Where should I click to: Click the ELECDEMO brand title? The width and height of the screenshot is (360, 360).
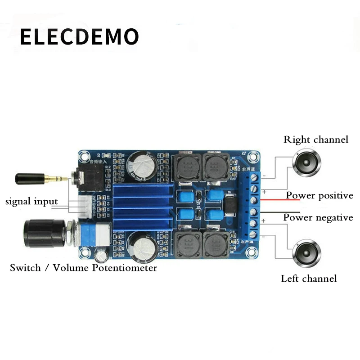[79, 37]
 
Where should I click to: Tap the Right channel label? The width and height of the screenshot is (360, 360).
[316, 139]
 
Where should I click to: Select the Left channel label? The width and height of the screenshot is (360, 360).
[309, 279]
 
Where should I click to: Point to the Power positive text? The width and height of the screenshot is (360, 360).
[319, 196]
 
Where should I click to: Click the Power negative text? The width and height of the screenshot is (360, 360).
[318, 218]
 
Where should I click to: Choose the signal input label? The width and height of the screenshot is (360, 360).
[31, 201]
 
